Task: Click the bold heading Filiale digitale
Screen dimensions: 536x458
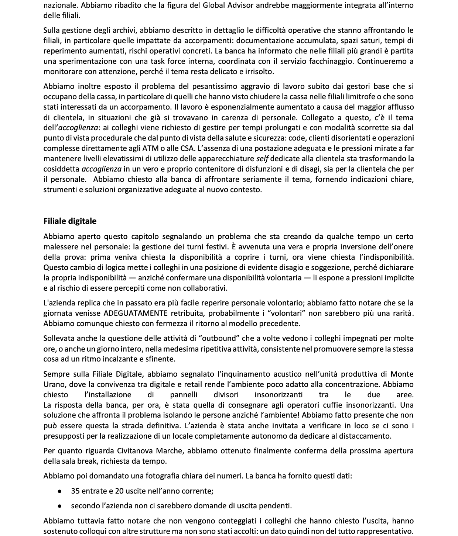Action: point(70,221)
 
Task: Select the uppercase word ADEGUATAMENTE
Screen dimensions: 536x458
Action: point(136,313)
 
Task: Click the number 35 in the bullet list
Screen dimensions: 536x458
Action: point(75,491)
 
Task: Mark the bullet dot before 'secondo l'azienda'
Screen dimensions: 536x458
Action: point(60,506)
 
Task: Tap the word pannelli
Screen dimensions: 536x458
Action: point(184,395)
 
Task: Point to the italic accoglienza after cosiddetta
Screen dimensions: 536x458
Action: point(101,169)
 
